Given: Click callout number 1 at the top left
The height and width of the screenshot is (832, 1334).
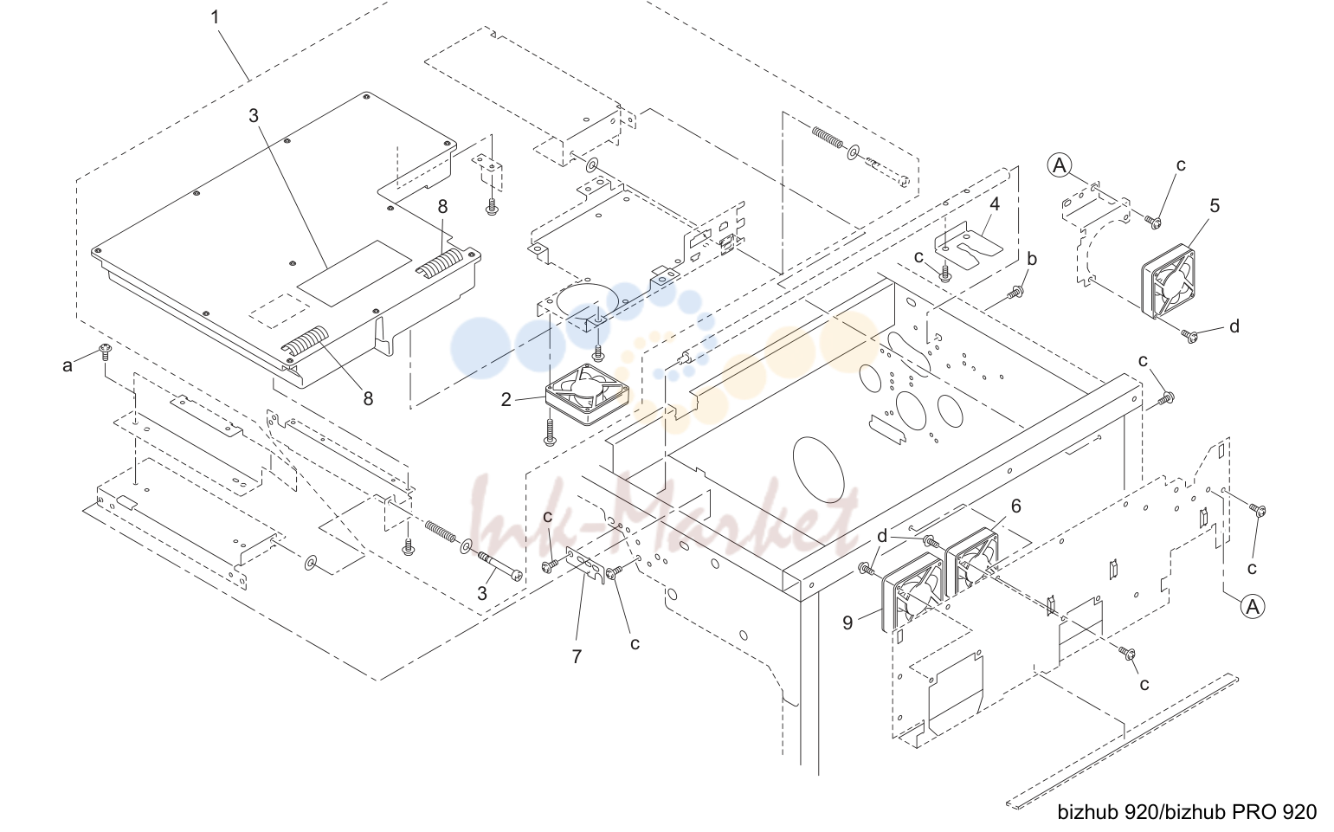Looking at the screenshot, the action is pos(215,17).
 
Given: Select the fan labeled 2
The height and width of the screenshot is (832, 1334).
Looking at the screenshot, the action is pos(587,394).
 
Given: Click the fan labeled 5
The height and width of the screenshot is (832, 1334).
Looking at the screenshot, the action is pos(1168,281).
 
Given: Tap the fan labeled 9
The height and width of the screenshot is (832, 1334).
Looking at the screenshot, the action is pos(912,592).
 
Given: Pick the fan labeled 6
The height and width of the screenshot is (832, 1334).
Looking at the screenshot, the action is pos(972,561).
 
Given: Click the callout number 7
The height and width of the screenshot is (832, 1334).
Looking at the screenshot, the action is pos(577,656).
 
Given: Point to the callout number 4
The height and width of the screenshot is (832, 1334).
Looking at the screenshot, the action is pos(995,203).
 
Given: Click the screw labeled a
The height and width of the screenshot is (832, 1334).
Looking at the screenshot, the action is pos(105,352).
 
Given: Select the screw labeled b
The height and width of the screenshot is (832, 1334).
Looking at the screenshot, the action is pos(1015,292).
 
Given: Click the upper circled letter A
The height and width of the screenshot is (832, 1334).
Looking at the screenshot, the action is pos(1060,165).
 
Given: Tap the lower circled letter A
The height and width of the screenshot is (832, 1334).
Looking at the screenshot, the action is pos(1253,606).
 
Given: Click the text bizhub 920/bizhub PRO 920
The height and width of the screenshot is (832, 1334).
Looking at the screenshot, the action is pos(1187,812).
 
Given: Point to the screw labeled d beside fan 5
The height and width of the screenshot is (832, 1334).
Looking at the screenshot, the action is pos(1189,336).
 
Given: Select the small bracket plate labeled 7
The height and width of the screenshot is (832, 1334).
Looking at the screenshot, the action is pos(585,564).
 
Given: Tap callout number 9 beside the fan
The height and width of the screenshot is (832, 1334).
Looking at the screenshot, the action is pos(847,623).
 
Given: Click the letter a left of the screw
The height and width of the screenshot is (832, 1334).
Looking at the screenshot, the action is pos(68,365).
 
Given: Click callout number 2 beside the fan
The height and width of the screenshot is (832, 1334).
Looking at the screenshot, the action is pos(506,400).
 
